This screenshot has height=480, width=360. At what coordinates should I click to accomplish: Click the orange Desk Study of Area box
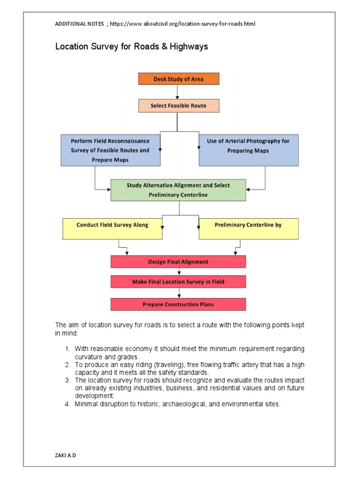coord(179,79)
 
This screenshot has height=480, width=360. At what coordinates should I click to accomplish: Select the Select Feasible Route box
coord(179,106)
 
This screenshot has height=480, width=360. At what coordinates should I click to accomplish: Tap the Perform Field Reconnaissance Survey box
coord(110,150)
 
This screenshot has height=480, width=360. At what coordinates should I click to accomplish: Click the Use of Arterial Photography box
coord(248,150)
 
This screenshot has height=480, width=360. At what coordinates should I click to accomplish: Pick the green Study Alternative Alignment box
coord(178,190)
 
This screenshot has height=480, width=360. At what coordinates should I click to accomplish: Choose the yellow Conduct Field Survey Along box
coord(112,228)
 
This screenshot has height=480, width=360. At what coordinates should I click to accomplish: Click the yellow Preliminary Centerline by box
coord(248,228)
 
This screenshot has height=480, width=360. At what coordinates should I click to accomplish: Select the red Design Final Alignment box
coord(178,262)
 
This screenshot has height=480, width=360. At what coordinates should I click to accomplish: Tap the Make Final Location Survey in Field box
coord(178,282)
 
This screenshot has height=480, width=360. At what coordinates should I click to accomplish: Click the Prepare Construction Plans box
coord(178,304)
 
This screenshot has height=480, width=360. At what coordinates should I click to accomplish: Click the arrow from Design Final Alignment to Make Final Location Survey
coord(179,272)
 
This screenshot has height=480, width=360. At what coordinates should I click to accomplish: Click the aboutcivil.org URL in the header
coord(182,23)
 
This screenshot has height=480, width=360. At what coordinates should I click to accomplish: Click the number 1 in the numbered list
coord(67,349)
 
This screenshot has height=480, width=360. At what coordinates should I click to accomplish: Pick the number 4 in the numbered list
coord(67,404)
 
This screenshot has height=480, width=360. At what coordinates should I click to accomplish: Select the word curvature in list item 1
coord(89,356)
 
